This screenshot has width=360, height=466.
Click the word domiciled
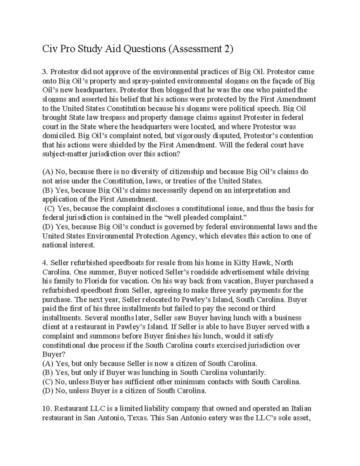click(x=56, y=136)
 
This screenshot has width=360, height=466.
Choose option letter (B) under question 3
click(x=47, y=191)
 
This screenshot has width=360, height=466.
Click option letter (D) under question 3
click(x=47, y=227)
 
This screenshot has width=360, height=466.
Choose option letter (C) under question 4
click(x=47, y=382)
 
